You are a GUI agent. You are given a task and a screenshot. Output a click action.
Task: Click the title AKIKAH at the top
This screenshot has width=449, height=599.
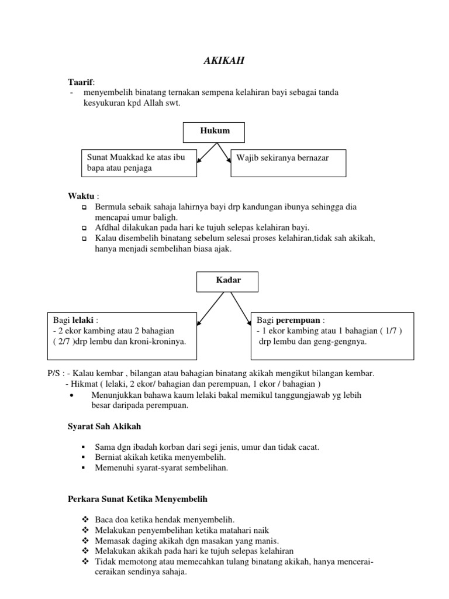pos(224,60)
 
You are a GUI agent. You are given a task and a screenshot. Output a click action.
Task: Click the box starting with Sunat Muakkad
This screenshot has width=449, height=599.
pos(138,163)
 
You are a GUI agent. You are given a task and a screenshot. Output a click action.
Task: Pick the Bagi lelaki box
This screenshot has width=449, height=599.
pos(120,331)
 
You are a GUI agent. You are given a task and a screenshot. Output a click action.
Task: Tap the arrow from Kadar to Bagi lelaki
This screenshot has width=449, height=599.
pos(209,307)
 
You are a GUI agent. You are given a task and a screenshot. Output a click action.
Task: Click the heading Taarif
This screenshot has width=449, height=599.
pos(81,82)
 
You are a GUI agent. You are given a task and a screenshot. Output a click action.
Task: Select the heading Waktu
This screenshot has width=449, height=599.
pos(81,196)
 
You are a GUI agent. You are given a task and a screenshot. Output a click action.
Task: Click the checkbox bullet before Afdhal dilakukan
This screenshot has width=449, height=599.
pos(84,228)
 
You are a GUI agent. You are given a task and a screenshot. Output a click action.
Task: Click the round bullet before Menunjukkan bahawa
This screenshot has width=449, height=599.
pos(71,395)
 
